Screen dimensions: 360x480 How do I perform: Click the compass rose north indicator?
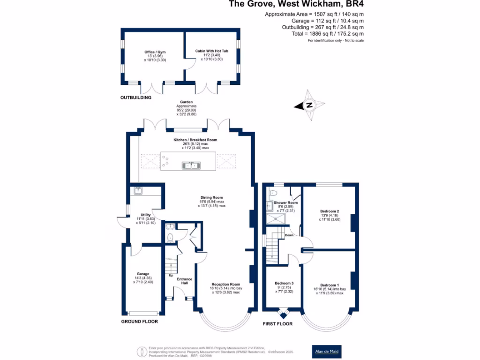coord(308,106)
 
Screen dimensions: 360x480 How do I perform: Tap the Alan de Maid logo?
coord(327,351)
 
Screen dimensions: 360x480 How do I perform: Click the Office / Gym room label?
coord(155,56)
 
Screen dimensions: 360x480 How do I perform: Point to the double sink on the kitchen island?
coord(192,165)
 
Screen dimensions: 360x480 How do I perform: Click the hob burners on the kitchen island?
coord(165,161)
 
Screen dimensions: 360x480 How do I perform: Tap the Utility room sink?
coord(138,190)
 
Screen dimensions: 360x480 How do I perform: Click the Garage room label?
coord(143,278)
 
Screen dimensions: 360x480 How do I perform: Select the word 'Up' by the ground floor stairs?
coord(171,275)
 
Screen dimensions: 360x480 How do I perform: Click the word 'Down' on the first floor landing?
coord(289,235)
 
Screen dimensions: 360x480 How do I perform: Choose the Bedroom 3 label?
coord(284,287)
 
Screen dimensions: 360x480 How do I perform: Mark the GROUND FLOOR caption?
coord(140,322)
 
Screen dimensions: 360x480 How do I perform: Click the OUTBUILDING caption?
coord(136,97)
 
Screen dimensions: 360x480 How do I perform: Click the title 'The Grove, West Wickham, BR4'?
coord(296,4)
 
